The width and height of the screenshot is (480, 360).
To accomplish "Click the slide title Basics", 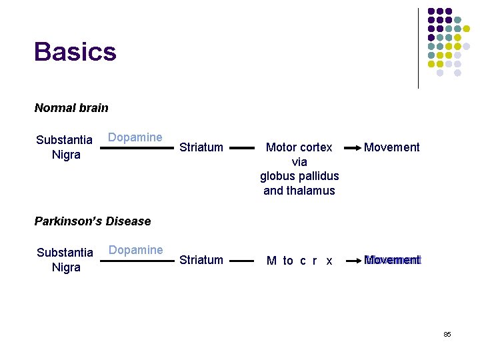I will pos(75,51).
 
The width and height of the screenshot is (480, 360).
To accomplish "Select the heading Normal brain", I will pos(71,107).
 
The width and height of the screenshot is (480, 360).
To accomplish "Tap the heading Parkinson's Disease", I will pos(93,221).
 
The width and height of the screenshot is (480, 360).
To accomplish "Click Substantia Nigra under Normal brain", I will pos(64,147).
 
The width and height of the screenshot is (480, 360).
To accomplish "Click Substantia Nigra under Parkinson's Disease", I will pos(65,260).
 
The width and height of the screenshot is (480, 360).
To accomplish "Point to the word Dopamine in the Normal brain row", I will pos(135,137).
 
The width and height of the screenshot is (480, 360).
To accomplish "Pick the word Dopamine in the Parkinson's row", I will pos(135,250).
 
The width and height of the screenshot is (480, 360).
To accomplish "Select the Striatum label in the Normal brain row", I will pos(201,147).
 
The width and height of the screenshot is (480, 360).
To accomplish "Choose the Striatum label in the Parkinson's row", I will pos(201,260).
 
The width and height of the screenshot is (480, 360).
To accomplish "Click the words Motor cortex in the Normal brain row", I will pos(299,147).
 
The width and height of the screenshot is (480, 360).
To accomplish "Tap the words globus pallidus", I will pos(299,176).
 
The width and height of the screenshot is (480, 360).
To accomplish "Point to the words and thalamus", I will pos(299,191).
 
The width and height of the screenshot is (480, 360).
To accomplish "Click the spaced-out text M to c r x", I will pos(299,261).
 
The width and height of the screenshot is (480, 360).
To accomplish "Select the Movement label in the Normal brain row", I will pos(392,147).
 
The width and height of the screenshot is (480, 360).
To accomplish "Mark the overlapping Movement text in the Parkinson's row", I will pos(393,259).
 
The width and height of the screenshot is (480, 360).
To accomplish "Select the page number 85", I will pos(447,333).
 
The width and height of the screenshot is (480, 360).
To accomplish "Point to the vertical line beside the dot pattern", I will pos(418,48).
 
